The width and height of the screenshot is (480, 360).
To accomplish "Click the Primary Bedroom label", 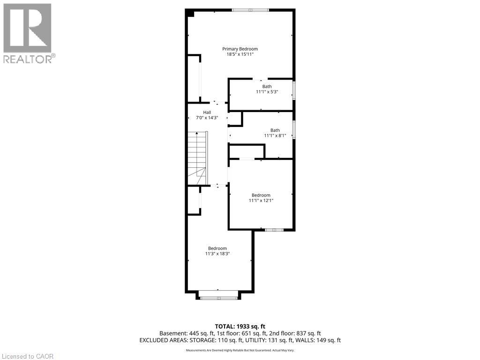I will click(240, 49).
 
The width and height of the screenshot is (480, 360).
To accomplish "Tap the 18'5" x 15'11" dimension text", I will click(240, 54).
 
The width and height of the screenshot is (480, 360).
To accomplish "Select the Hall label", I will click(207, 112).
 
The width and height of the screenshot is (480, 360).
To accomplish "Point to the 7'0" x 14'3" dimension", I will click(207, 118).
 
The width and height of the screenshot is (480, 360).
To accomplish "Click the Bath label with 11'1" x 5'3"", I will click(267, 86).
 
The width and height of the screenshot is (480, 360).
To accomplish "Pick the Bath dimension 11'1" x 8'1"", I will click(275, 136).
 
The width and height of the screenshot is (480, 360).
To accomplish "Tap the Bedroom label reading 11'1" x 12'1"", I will click(261, 195).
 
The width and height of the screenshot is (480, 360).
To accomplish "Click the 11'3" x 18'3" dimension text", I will click(217, 254).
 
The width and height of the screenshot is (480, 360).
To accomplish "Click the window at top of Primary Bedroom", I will click(250, 10).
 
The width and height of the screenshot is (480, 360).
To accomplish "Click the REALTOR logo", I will click(28, 33).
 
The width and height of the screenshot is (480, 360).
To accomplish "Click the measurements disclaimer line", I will click(240, 350).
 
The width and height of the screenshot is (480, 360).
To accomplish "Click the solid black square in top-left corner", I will click(190, 13).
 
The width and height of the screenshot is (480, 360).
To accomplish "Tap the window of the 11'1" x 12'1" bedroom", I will click(274, 230).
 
